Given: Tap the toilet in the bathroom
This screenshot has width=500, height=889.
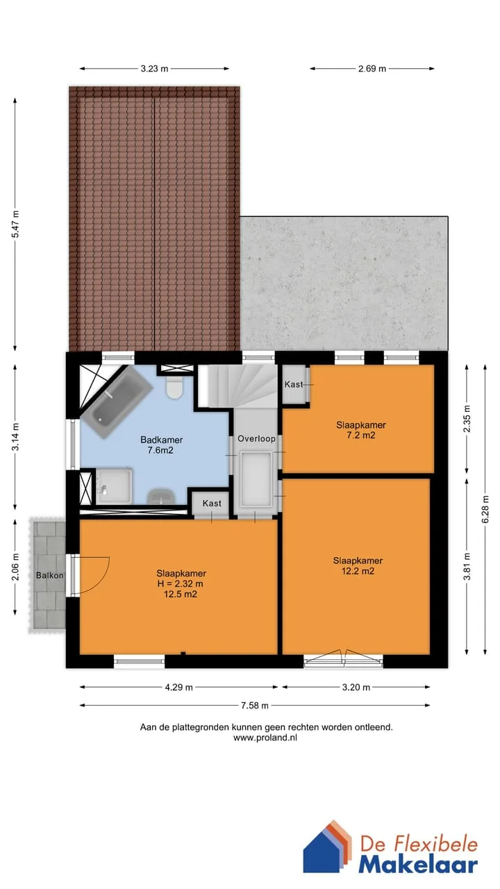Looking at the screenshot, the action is pyautogui.click(x=174, y=387).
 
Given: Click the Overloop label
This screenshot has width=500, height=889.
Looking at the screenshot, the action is pyautogui.click(x=256, y=438).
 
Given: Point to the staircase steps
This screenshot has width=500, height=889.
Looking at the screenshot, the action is pyautogui.click(x=237, y=385).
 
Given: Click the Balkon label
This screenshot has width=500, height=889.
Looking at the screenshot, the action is pyautogui.click(x=49, y=575).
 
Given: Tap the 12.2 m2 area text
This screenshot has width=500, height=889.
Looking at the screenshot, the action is pyautogui.click(x=358, y=571).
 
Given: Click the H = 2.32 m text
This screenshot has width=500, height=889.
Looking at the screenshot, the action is pyautogui.click(x=180, y=584).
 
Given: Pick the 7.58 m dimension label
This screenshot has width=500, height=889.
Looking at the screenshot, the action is pyautogui.click(x=255, y=705).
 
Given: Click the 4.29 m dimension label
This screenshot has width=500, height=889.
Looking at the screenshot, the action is pyautogui.click(x=179, y=687).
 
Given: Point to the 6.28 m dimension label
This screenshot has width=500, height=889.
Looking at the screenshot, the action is pyautogui.click(x=485, y=509).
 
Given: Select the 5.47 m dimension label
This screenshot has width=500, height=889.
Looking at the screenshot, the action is pyautogui.click(x=15, y=224).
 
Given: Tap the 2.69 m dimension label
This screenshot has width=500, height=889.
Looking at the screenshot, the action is pyautogui.click(x=372, y=69).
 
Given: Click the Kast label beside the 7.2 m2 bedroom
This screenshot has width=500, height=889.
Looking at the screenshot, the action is pyautogui.click(x=294, y=384).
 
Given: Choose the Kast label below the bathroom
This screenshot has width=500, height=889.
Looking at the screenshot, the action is pyautogui.click(x=212, y=504).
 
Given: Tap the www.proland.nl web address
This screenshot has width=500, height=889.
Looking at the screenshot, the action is pyautogui.click(x=265, y=738).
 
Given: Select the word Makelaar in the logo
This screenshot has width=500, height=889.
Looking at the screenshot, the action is pyautogui.click(x=418, y=865).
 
